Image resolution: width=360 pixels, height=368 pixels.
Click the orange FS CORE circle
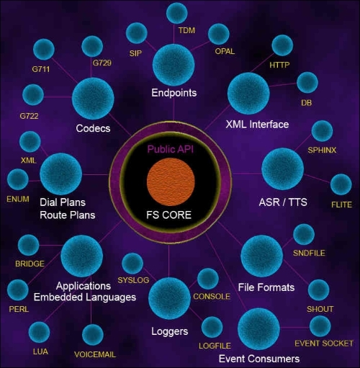click(171, 181)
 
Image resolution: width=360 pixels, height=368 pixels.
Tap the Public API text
click(171, 149)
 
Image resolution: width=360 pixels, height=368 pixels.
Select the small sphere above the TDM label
click(176, 14)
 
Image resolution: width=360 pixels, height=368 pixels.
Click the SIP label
click(135, 53)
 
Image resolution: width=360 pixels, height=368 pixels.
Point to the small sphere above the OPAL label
click(219, 34)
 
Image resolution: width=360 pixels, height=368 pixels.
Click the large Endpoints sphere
click(174, 65)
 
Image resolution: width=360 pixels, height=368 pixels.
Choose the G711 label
click(41, 69)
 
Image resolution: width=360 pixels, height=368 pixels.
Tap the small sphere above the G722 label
click(33, 94)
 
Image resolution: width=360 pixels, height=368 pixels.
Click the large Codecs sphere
click(93, 99)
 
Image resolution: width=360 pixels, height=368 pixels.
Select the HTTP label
click(279, 65)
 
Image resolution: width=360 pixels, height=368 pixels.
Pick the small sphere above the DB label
click(307, 82)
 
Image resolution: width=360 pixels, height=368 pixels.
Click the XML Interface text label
click(257, 125)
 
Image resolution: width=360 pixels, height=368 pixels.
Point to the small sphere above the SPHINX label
click(322, 131)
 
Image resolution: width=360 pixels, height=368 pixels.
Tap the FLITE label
click(341, 205)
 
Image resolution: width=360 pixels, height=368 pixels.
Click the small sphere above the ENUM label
click(18, 179)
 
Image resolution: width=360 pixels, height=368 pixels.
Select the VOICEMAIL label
click(95, 354)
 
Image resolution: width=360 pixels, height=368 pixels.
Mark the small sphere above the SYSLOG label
click(132, 264)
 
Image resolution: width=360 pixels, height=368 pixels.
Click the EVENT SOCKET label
click(324, 344)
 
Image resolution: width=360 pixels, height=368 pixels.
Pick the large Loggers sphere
click(169, 298)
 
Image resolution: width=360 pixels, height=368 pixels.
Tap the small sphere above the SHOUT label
click(318, 290)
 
